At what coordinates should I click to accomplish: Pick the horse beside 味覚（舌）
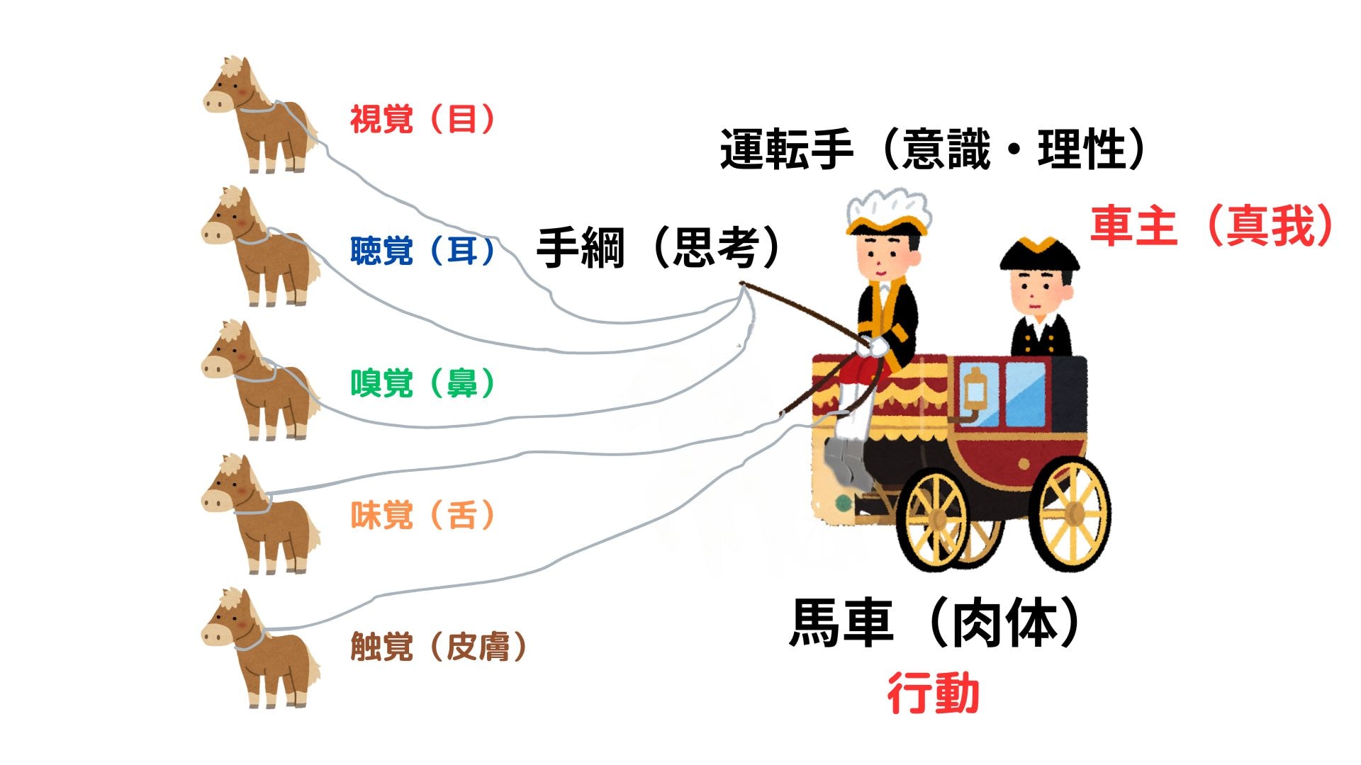tap(259, 514)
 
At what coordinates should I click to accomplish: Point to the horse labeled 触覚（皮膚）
tap(259, 647)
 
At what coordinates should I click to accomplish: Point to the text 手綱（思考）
tap(658, 248)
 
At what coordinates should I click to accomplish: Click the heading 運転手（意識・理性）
tap(932, 149)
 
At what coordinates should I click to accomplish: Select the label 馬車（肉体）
tap(934, 622)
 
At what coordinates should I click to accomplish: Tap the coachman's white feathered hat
tap(887, 210)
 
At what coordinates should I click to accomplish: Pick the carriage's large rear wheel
tap(1070, 514)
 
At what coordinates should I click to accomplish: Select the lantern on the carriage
tap(976, 390)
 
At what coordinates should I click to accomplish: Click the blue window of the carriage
tap(1024, 393)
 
